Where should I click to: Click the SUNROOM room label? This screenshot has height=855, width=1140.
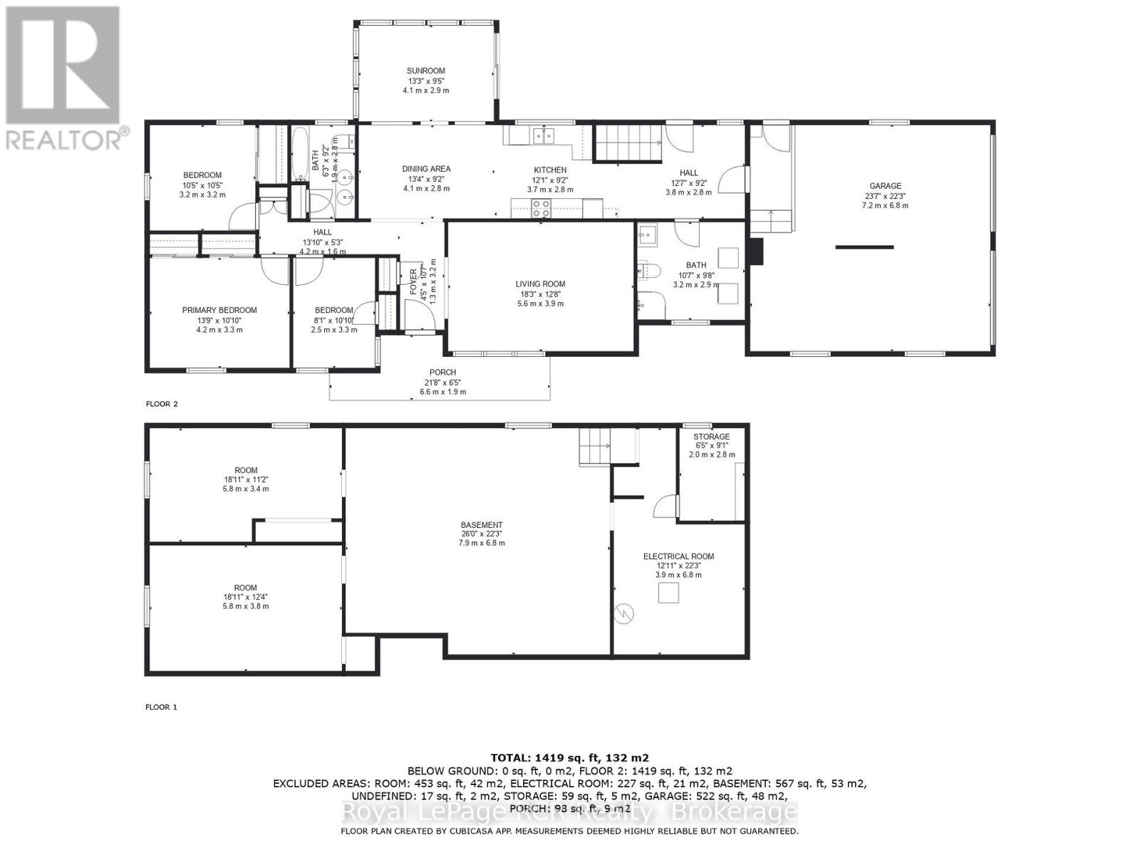(x=425, y=71)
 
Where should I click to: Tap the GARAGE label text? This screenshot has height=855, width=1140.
(x=884, y=186)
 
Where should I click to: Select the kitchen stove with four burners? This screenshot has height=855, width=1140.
(x=541, y=208)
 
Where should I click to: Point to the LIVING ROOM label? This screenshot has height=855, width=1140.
(x=540, y=284)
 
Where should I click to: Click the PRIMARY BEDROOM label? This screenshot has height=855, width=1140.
(x=219, y=310)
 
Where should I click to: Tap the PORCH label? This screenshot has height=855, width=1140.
(x=442, y=373)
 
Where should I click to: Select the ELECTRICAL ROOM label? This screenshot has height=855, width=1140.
(x=678, y=556)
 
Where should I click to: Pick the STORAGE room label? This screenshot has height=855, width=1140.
(x=711, y=437)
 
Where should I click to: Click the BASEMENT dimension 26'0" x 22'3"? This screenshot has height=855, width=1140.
(x=482, y=534)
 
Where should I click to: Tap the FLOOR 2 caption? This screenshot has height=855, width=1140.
(x=162, y=404)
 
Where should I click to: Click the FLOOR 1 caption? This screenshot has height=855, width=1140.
(x=161, y=707)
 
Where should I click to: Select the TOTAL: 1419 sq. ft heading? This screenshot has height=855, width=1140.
(x=569, y=757)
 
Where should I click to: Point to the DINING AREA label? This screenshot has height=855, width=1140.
(x=426, y=169)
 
